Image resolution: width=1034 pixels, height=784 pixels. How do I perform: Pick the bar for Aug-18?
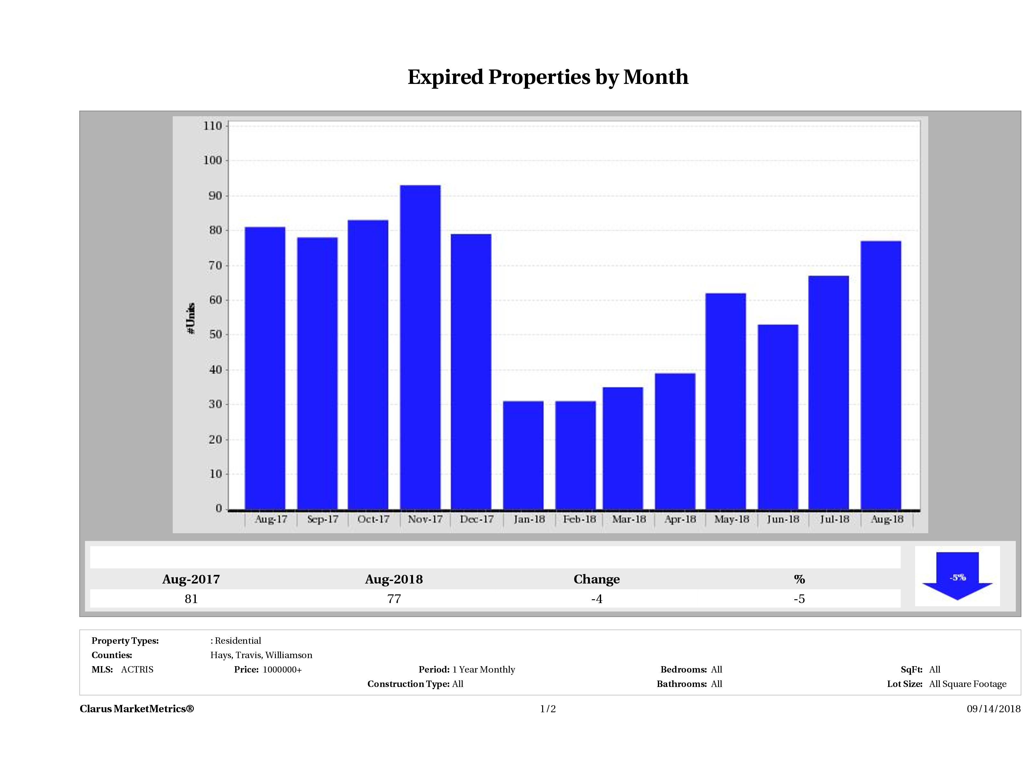tap(880, 375)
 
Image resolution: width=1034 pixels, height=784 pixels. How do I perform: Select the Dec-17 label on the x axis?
tap(476, 519)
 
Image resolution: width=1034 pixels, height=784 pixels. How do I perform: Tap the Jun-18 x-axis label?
tap(782, 519)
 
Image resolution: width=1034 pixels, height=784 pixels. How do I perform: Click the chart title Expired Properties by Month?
tap(548, 77)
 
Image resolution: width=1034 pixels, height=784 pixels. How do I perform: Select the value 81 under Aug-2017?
tap(191, 599)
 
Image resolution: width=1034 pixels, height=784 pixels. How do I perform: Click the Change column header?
tap(597, 579)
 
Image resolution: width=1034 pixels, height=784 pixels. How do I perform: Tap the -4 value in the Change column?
tap(597, 599)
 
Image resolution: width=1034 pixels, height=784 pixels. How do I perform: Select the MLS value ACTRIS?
tap(137, 670)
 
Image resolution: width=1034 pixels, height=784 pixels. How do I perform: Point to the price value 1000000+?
tap(282, 670)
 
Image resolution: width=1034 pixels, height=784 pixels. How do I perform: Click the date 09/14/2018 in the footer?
tap(993, 709)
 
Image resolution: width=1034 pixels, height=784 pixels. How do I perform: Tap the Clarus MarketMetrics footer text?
tap(136, 709)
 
